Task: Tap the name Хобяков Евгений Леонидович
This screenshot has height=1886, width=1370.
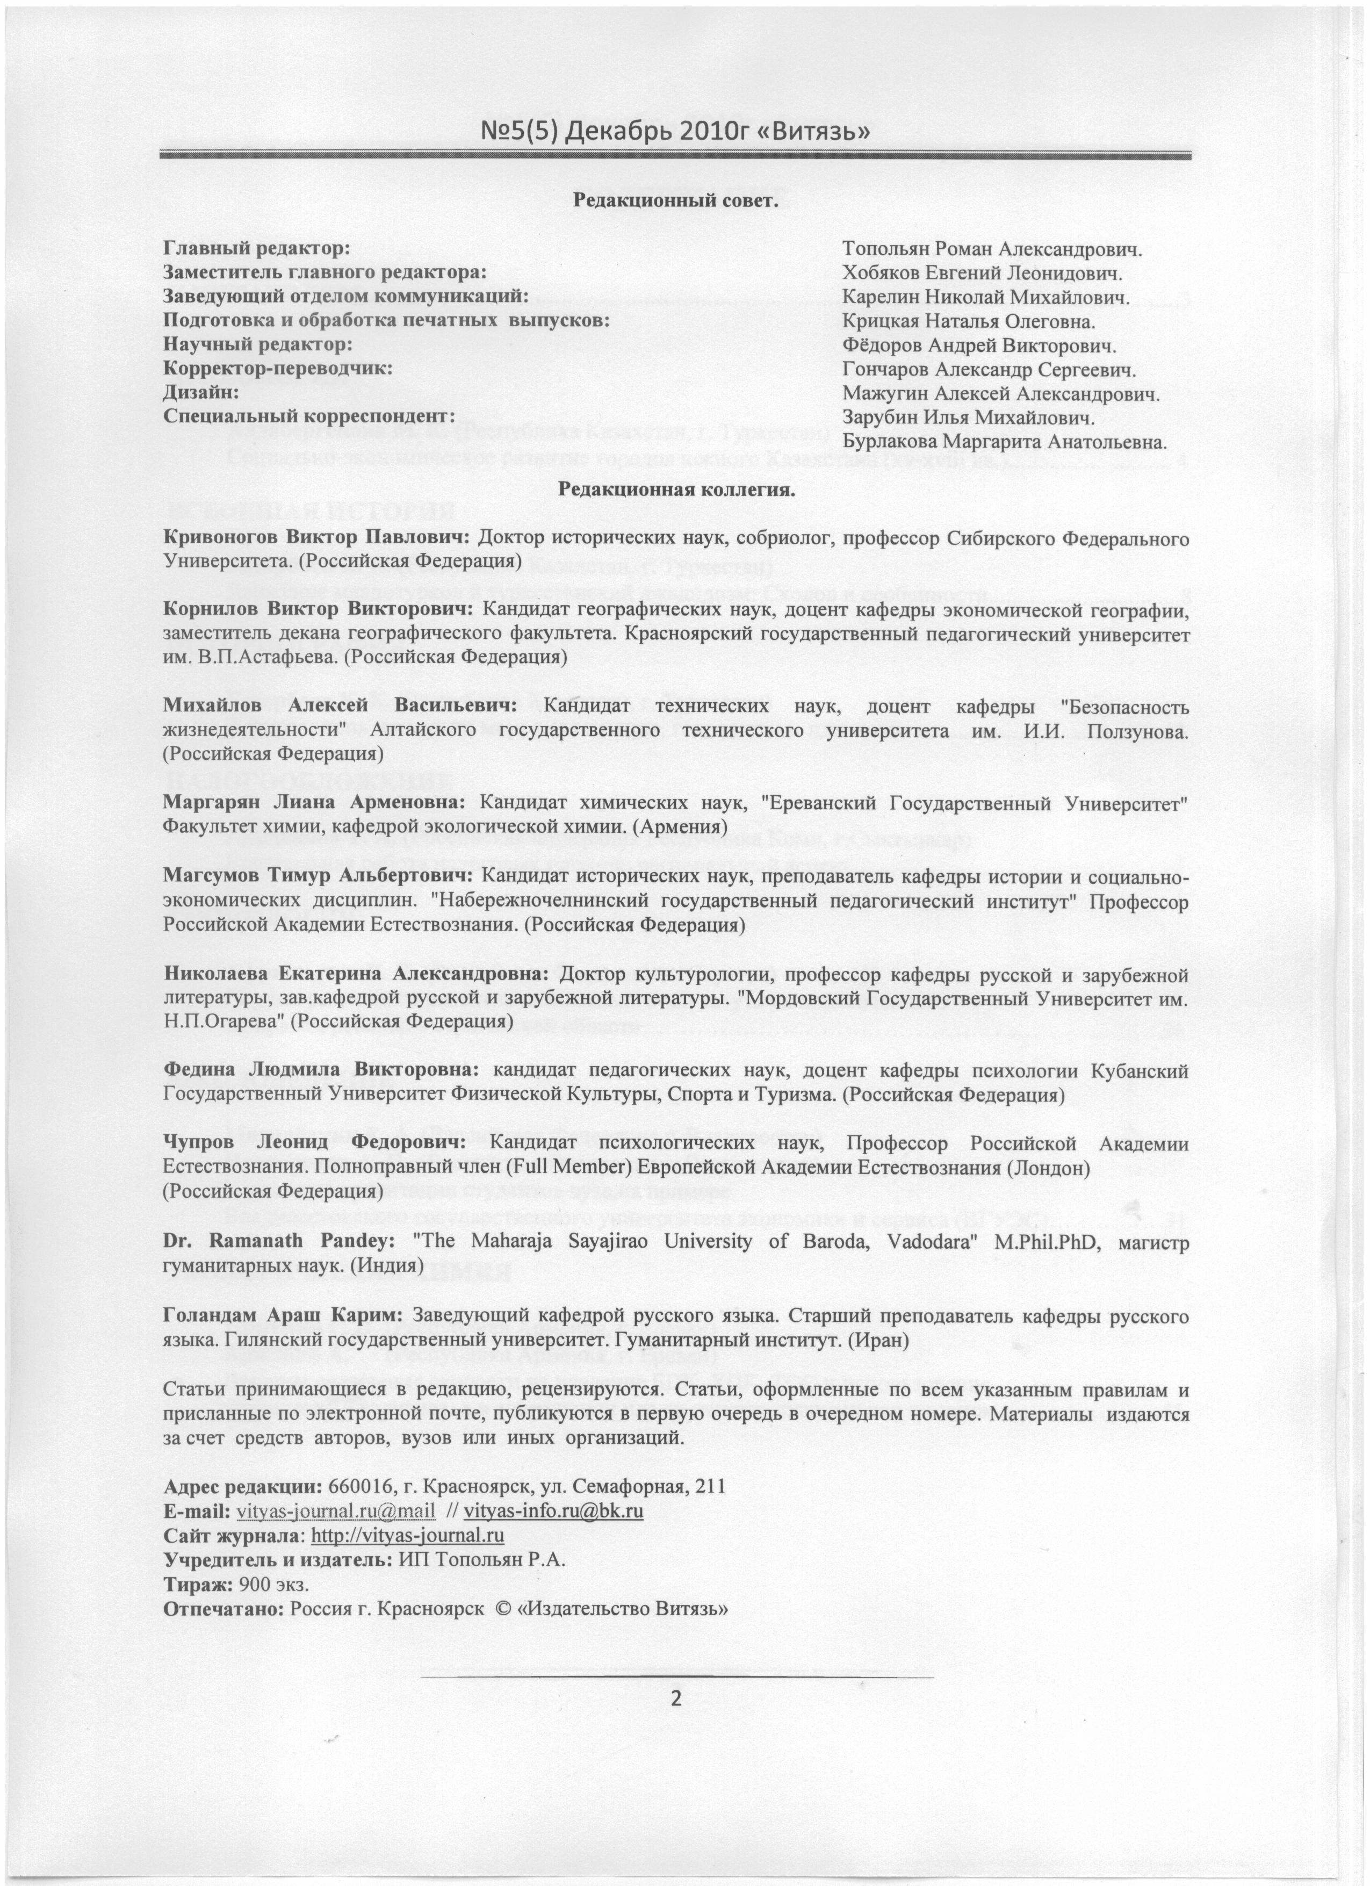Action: (983, 273)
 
